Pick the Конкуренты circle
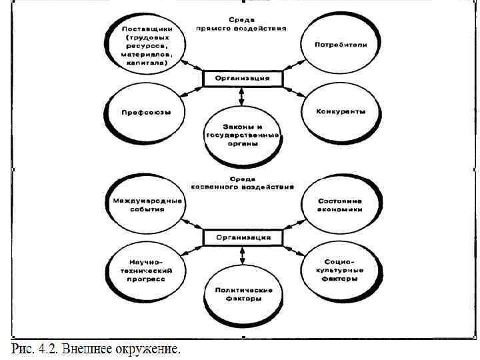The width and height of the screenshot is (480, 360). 341,112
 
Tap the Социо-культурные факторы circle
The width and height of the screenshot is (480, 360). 341,271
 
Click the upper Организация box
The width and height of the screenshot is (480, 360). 242,79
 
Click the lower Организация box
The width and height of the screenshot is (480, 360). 242,237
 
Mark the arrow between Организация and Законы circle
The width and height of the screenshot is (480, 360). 242,97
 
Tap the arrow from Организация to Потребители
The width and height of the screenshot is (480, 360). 291,65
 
